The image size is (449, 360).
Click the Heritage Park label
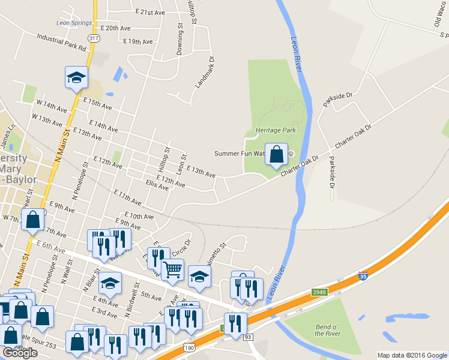[276, 130]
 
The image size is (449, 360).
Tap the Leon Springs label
[74, 23]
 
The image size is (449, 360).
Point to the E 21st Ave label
[150, 12]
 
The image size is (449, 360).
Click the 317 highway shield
[93, 38]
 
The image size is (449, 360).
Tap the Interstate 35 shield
[363, 277]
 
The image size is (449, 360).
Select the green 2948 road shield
[319, 293]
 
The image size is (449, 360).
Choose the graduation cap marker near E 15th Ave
[77, 77]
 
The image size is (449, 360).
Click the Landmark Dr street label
[204, 73]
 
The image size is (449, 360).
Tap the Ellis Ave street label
[157, 186]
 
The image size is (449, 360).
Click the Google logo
[20, 353]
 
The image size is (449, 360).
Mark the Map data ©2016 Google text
[411, 355]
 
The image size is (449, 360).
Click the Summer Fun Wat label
[240, 154]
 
